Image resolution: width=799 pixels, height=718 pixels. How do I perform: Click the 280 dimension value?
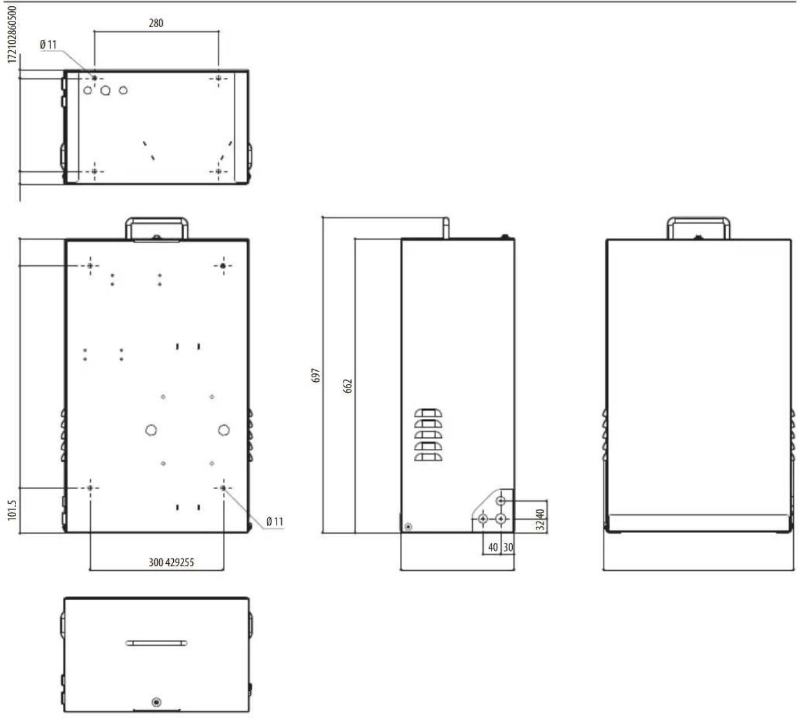click(x=156, y=23)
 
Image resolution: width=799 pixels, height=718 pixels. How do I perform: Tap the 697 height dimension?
click(x=315, y=375)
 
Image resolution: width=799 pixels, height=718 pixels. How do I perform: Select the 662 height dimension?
click(x=348, y=386)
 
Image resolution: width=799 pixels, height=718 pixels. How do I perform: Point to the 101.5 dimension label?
click(x=12, y=511)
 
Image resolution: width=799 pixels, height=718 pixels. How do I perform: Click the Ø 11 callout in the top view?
click(x=48, y=44)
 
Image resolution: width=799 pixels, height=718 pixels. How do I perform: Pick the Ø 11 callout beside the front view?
click(x=275, y=522)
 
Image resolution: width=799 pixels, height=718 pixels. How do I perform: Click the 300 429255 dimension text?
click(x=171, y=563)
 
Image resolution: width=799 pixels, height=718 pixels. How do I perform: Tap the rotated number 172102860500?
click(x=12, y=34)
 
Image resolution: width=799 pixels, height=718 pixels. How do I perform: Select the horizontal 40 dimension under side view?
click(x=493, y=548)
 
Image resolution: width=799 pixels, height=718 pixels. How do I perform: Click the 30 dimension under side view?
click(x=509, y=548)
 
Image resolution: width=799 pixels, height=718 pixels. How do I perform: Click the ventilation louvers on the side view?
click(x=428, y=434)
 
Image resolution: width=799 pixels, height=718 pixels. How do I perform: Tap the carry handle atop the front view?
click(x=156, y=220)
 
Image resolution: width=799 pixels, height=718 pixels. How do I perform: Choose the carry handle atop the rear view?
click(x=698, y=220)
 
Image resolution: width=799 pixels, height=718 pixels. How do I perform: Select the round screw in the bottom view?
click(x=156, y=702)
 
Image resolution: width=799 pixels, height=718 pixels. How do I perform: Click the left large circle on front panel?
click(x=151, y=430)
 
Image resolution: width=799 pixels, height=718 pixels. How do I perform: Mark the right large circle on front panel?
click(x=223, y=430)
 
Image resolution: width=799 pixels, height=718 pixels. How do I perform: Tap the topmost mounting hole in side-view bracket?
click(x=501, y=501)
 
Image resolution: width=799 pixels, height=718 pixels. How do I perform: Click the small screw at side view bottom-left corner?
click(x=408, y=527)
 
